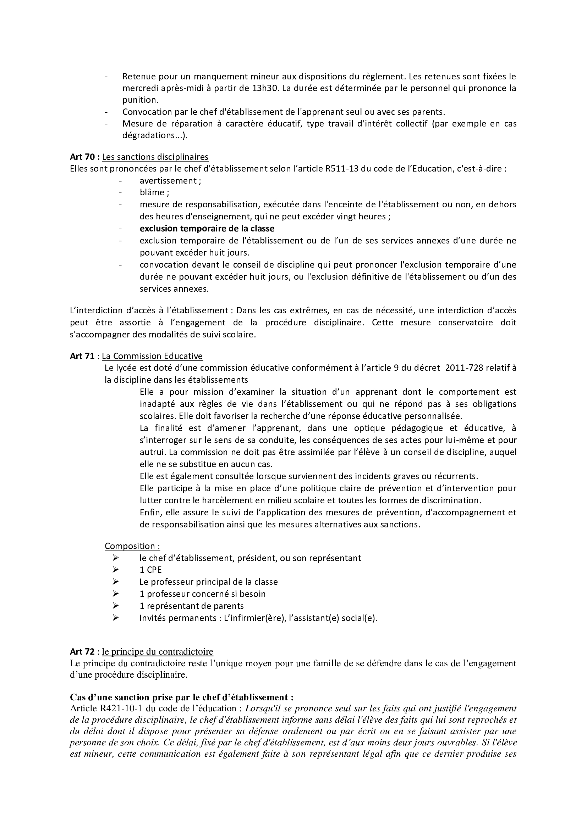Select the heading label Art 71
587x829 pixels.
click(82, 356)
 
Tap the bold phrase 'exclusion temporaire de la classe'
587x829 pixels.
click(207, 229)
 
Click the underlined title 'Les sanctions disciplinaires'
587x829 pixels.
click(155, 157)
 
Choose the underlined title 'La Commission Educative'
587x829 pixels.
click(152, 356)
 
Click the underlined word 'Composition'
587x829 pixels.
click(130, 546)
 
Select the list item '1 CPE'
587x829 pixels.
click(151, 570)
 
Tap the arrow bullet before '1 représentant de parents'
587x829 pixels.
click(116, 606)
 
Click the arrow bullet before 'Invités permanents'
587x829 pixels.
click(116, 618)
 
